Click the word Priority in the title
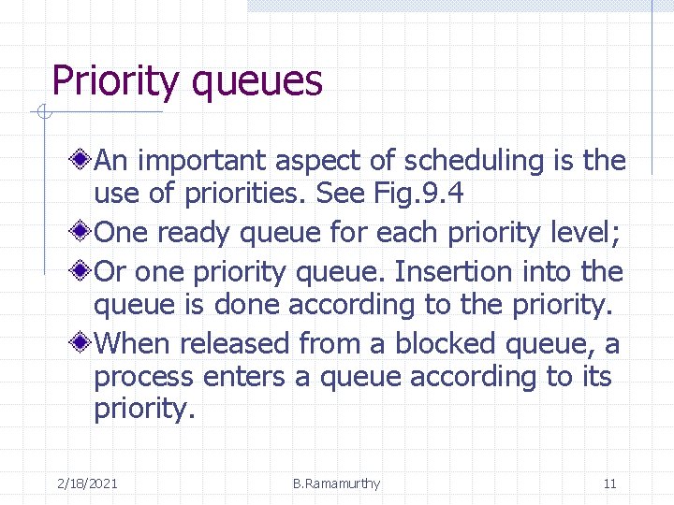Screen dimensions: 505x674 click(x=113, y=81)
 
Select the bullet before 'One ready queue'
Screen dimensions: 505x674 click(x=82, y=231)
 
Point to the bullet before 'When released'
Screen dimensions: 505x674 click(x=82, y=343)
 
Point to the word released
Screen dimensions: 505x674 click(x=235, y=343)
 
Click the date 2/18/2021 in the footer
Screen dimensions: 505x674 click(x=87, y=483)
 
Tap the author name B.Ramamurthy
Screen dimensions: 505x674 click(x=336, y=483)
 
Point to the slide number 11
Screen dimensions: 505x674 click(x=609, y=483)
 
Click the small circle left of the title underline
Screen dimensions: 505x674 click(x=42, y=114)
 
